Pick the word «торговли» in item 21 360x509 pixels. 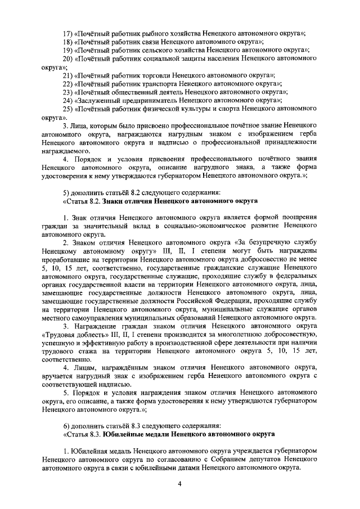pos(156,75)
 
